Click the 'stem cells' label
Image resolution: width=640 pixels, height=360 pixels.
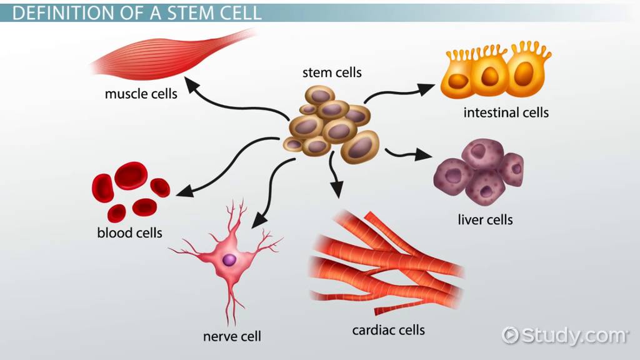click(332, 72)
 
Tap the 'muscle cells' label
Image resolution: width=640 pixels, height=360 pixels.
click(141, 94)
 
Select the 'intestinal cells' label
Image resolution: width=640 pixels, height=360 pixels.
click(506, 113)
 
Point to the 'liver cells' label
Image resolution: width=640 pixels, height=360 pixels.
click(485, 219)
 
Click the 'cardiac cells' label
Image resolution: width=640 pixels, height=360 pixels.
click(389, 329)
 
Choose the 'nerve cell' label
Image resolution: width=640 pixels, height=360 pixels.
click(232, 336)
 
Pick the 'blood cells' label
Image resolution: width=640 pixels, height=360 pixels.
click(129, 233)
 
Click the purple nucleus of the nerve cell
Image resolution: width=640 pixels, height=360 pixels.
click(229, 259)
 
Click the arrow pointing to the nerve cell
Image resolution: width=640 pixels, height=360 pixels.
click(270, 194)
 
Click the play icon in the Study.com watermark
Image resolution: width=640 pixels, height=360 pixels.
click(511, 335)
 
